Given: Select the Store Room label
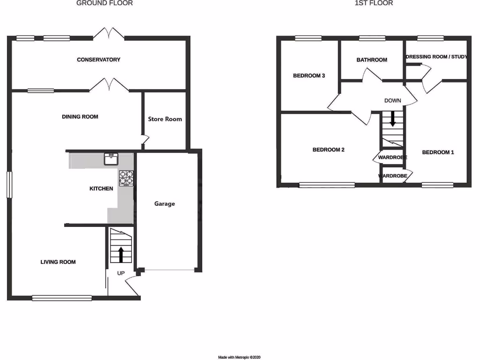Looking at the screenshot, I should [165, 119].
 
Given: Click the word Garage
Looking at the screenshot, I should [165, 204].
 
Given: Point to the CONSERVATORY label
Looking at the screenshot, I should [98, 60].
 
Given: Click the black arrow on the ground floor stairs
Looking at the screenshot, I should [120, 255].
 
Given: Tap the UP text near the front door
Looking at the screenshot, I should [120, 273].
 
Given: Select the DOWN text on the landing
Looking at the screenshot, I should [392, 101].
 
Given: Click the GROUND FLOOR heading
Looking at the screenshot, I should [105, 3].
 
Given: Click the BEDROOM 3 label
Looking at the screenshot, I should [309, 75].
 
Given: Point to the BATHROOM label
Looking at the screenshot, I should [372, 60].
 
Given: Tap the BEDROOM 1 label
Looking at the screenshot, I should [438, 152].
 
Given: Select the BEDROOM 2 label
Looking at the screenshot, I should [329, 150].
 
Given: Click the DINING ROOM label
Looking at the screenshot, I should [80, 117].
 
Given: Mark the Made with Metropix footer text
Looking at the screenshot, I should [240, 357].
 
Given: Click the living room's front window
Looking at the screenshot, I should [62, 297].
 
